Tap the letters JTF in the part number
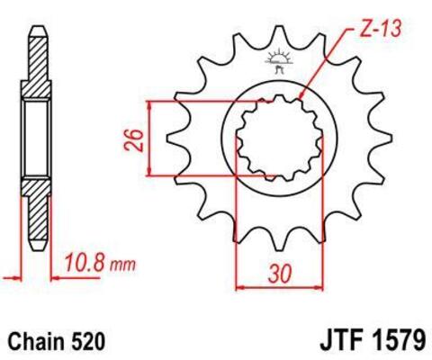(x=339, y=341)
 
